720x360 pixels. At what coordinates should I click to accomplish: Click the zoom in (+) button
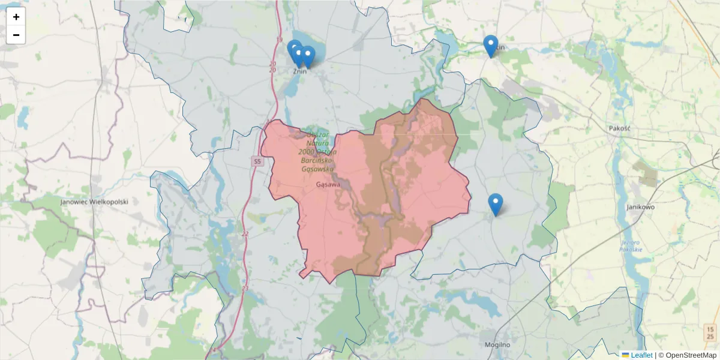tap(16, 17)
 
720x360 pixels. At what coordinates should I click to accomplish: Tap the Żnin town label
tap(299, 71)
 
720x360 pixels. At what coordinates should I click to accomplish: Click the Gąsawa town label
tap(328, 185)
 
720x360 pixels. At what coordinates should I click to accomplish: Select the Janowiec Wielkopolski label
tap(94, 202)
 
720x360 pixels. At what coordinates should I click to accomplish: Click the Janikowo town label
tap(640, 207)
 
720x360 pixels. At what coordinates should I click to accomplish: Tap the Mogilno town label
tap(497, 345)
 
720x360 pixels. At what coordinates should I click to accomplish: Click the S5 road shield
tap(257, 161)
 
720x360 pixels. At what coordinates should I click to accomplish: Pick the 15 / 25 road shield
tap(710, 332)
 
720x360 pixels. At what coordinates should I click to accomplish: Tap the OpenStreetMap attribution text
tap(691, 355)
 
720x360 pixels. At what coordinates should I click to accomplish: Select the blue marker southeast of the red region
tap(495, 205)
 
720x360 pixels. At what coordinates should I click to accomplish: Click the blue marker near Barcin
tap(491, 46)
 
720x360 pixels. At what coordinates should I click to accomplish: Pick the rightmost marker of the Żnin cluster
tap(308, 56)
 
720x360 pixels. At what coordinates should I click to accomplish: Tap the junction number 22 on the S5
tap(245, 233)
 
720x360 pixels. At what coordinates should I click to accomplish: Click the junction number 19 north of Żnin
tap(279, 40)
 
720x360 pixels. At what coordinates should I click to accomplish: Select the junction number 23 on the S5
tap(245, 289)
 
